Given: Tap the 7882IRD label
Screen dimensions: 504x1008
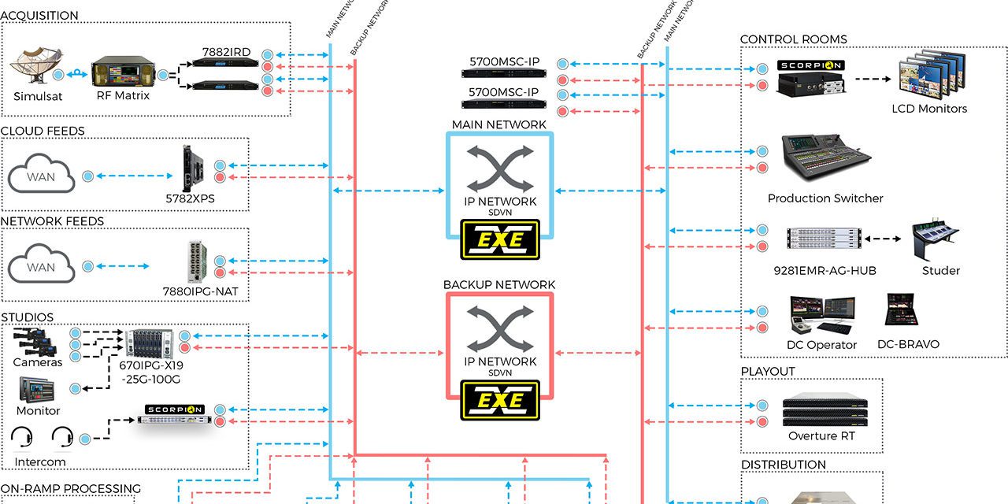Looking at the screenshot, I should (x=226, y=53).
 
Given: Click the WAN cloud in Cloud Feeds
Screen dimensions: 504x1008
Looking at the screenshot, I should (x=41, y=176).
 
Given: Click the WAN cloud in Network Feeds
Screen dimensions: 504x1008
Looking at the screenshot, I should (x=41, y=266).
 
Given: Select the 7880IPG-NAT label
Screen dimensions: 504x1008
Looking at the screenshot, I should (x=200, y=291).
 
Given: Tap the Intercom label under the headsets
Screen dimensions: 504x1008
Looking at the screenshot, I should (x=39, y=461).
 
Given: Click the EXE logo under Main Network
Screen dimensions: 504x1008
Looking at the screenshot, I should (x=500, y=239).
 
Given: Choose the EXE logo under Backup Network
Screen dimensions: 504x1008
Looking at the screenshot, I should (x=500, y=399).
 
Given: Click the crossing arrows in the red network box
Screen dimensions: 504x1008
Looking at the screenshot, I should (x=500, y=329).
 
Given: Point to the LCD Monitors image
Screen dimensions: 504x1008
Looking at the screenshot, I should (x=929, y=76).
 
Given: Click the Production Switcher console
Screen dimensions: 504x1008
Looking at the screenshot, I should (x=825, y=161).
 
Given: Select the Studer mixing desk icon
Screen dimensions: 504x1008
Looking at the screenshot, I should (x=940, y=242).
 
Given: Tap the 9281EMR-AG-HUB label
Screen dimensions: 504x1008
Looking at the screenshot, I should (x=825, y=271).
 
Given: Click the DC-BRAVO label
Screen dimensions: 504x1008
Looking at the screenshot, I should (x=908, y=344).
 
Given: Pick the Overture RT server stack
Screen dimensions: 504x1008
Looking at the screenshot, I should (x=821, y=409).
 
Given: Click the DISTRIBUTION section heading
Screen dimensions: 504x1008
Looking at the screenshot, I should (x=784, y=465).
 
